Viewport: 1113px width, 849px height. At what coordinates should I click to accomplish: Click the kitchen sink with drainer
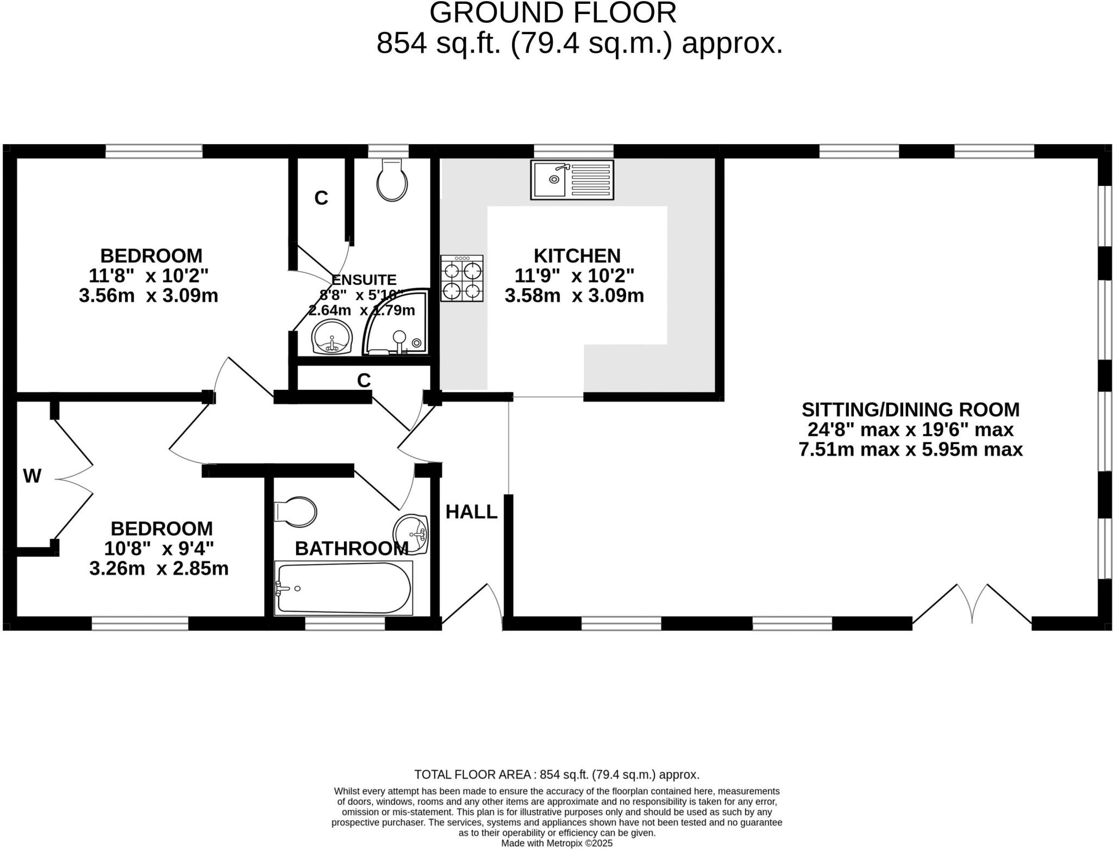pyautogui.click(x=572, y=179)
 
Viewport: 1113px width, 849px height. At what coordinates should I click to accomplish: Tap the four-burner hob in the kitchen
pyautogui.click(x=461, y=278)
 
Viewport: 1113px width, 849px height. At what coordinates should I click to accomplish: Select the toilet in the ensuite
pyautogui.click(x=392, y=180)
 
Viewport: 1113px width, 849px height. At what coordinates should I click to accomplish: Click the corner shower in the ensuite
pyautogui.click(x=396, y=323)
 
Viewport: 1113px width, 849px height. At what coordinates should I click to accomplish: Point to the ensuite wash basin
pyautogui.click(x=332, y=338)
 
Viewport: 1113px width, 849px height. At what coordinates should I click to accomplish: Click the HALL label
pyautogui.click(x=471, y=512)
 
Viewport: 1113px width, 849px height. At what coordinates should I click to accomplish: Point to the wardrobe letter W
pyautogui.click(x=32, y=476)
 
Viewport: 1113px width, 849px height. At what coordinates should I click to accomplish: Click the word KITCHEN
pyautogui.click(x=577, y=255)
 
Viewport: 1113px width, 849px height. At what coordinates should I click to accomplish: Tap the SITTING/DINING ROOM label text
pyautogui.click(x=910, y=409)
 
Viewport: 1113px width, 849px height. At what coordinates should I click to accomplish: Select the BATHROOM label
pyautogui.click(x=351, y=549)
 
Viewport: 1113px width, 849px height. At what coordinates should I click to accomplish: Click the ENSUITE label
pyautogui.click(x=364, y=280)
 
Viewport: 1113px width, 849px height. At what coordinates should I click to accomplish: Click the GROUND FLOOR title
pyautogui.click(x=553, y=13)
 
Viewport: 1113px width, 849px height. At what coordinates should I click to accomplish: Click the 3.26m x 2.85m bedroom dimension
pyautogui.click(x=159, y=569)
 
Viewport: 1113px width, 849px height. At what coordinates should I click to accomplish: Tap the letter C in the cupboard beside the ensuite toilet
pyautogui.click(x=321, y=198)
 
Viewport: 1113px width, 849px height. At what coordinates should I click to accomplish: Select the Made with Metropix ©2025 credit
pyautogui.click(x=556, y=843)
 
